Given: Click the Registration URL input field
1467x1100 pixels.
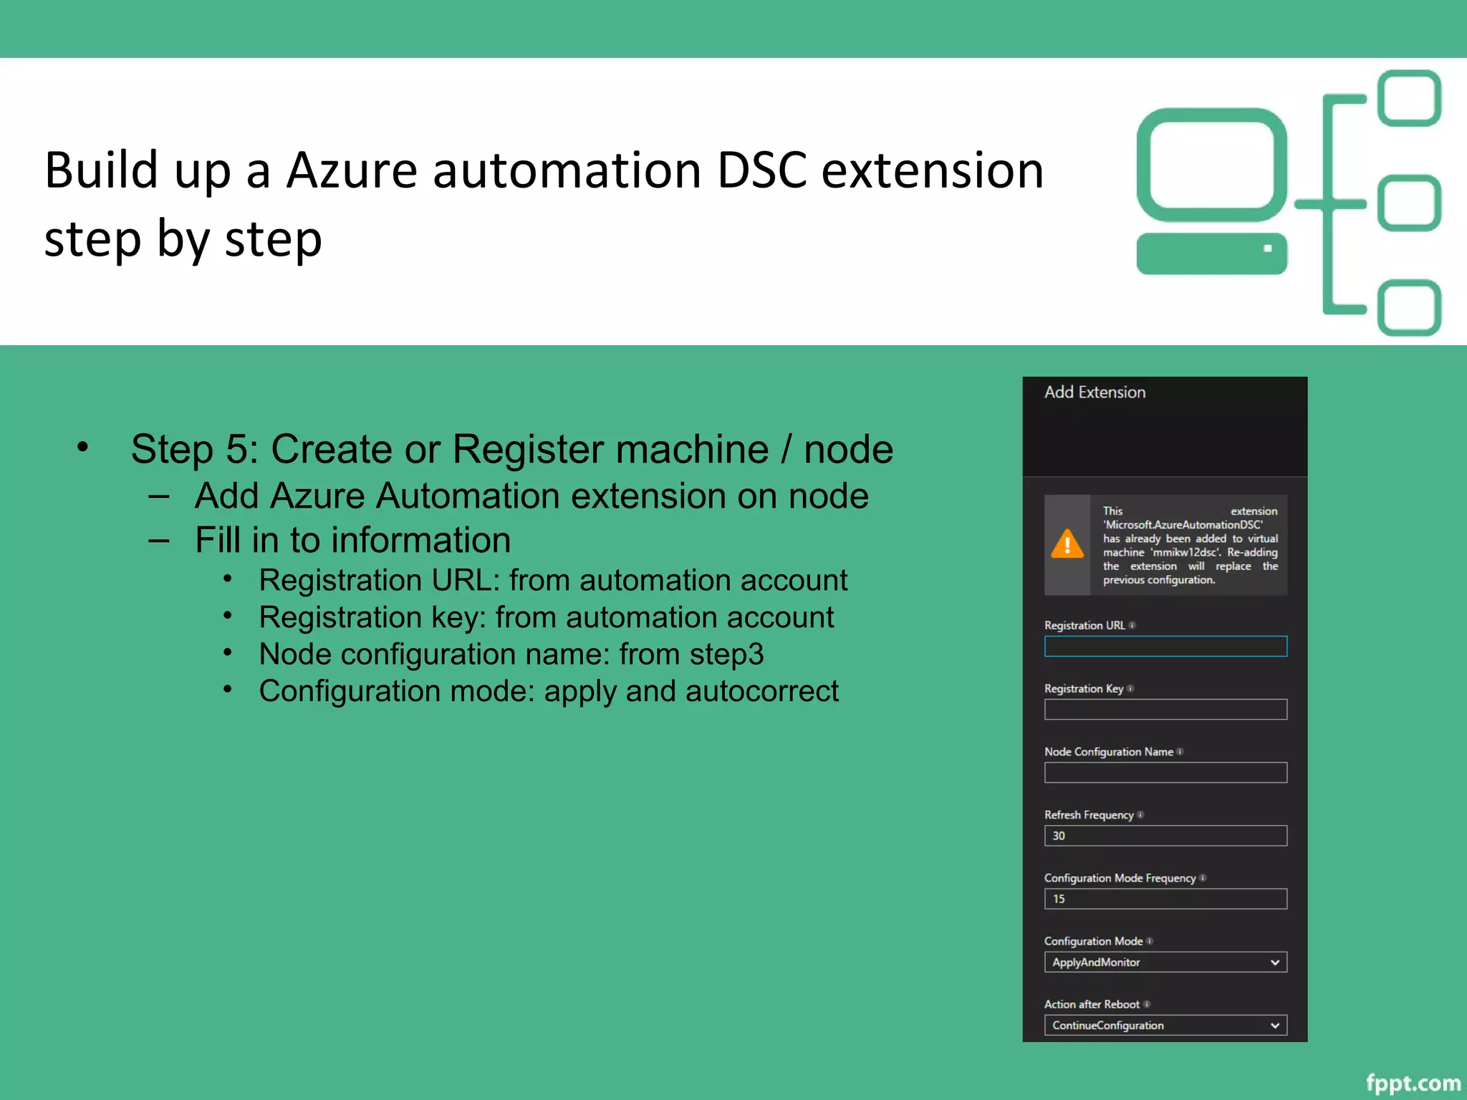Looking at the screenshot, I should [1165, 646].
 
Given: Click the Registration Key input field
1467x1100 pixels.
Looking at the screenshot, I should [1165, 709].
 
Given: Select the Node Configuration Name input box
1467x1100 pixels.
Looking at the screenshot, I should [1165, 772].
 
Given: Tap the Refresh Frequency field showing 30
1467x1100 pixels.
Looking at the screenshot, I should [1165, 836].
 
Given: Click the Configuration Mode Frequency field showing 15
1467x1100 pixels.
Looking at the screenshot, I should [1165, 899].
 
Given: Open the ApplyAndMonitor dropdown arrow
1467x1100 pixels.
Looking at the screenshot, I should [1274, 962].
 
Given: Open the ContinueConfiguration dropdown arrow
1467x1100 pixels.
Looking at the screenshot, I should [1274, 1026].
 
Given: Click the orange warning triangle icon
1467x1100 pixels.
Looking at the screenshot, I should [1067, 544].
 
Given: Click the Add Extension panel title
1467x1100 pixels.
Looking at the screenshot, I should [1095, 392].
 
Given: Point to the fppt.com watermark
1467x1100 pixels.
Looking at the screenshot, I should [1413, 1082].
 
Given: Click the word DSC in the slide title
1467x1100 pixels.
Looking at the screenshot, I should [761, 171].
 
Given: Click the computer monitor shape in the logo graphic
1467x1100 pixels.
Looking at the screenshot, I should [1212, 165].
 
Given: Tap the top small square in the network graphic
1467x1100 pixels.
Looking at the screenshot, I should [1410, 98].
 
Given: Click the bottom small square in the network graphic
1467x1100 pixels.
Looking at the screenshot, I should [1410, 308].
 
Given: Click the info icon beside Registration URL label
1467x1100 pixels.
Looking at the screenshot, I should [1132, 625].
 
